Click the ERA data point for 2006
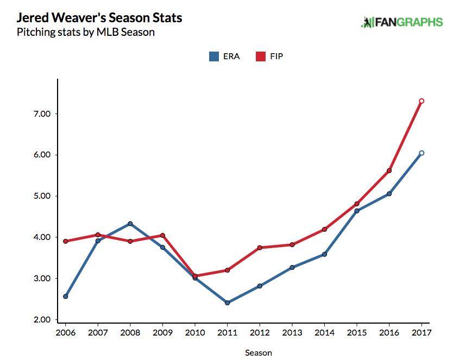(65, 296)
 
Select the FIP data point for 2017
(422, 101)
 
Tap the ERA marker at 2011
(227, 302)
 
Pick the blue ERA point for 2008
(130, 224)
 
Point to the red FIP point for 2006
(65, 241)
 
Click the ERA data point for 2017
(422, 153)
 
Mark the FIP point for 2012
(260, 248)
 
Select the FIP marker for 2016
(389, 170)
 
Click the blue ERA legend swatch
(214, 56)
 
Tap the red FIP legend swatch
(260, 56)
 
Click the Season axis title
(259, 352)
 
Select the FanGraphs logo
(401, 22)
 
